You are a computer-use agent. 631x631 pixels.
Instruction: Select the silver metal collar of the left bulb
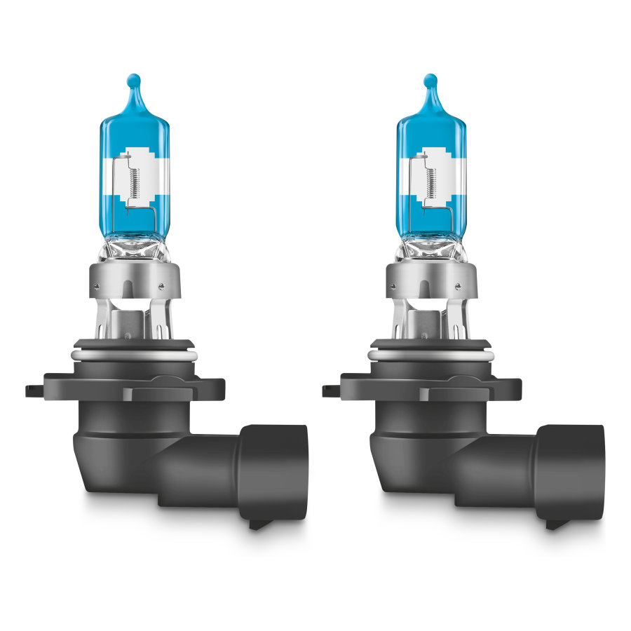click(133, 281)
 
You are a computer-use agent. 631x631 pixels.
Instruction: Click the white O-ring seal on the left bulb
click(133, 356)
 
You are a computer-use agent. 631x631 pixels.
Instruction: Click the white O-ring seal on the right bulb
click(430, 356)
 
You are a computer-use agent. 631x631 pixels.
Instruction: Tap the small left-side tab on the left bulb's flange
click(32, 388)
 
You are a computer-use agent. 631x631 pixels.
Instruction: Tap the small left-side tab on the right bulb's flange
click(329, 388)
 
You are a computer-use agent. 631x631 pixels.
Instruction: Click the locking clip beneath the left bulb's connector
click(259, 523)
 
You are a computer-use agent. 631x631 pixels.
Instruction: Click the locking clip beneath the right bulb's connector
click(555, 523)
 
